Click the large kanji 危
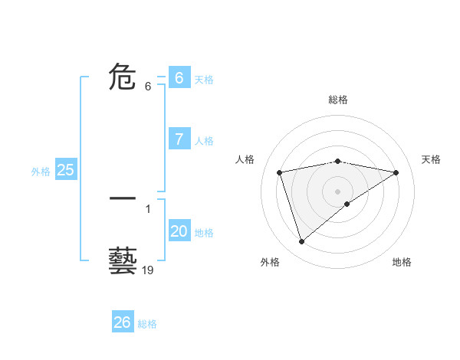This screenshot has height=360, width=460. click(x=123, y=77)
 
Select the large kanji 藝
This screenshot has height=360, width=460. click(x=123, y=261)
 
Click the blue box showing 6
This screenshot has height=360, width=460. click(x=179, y=77)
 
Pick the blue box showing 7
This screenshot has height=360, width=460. click(x=179, y=139)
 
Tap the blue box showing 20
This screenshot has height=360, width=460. click(x=179, y=231)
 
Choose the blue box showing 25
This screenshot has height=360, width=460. click(x=65, y=170)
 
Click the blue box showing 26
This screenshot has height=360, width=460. click(x=123, y=322)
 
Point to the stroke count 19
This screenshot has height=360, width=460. click(x=148, y=270)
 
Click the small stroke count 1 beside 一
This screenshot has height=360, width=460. click(x=148, y=208)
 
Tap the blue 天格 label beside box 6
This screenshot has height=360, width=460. click(x=204, y=79)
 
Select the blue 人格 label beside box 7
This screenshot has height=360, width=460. click(x=204, y=141)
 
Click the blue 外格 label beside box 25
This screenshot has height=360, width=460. click(x=41, y=172)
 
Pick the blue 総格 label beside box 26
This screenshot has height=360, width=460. click(x=147, y=324)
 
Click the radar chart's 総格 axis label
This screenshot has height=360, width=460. click(x=337, y=100)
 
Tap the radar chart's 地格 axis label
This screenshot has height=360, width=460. click(x=402, y=262)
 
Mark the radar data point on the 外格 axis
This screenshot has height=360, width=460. click(x=301, y=241)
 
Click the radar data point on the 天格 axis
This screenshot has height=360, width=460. click(x=396, y=172)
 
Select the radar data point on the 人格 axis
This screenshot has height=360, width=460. click(x=280, y=172)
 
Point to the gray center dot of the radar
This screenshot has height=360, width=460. click(x=337, y=191)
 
